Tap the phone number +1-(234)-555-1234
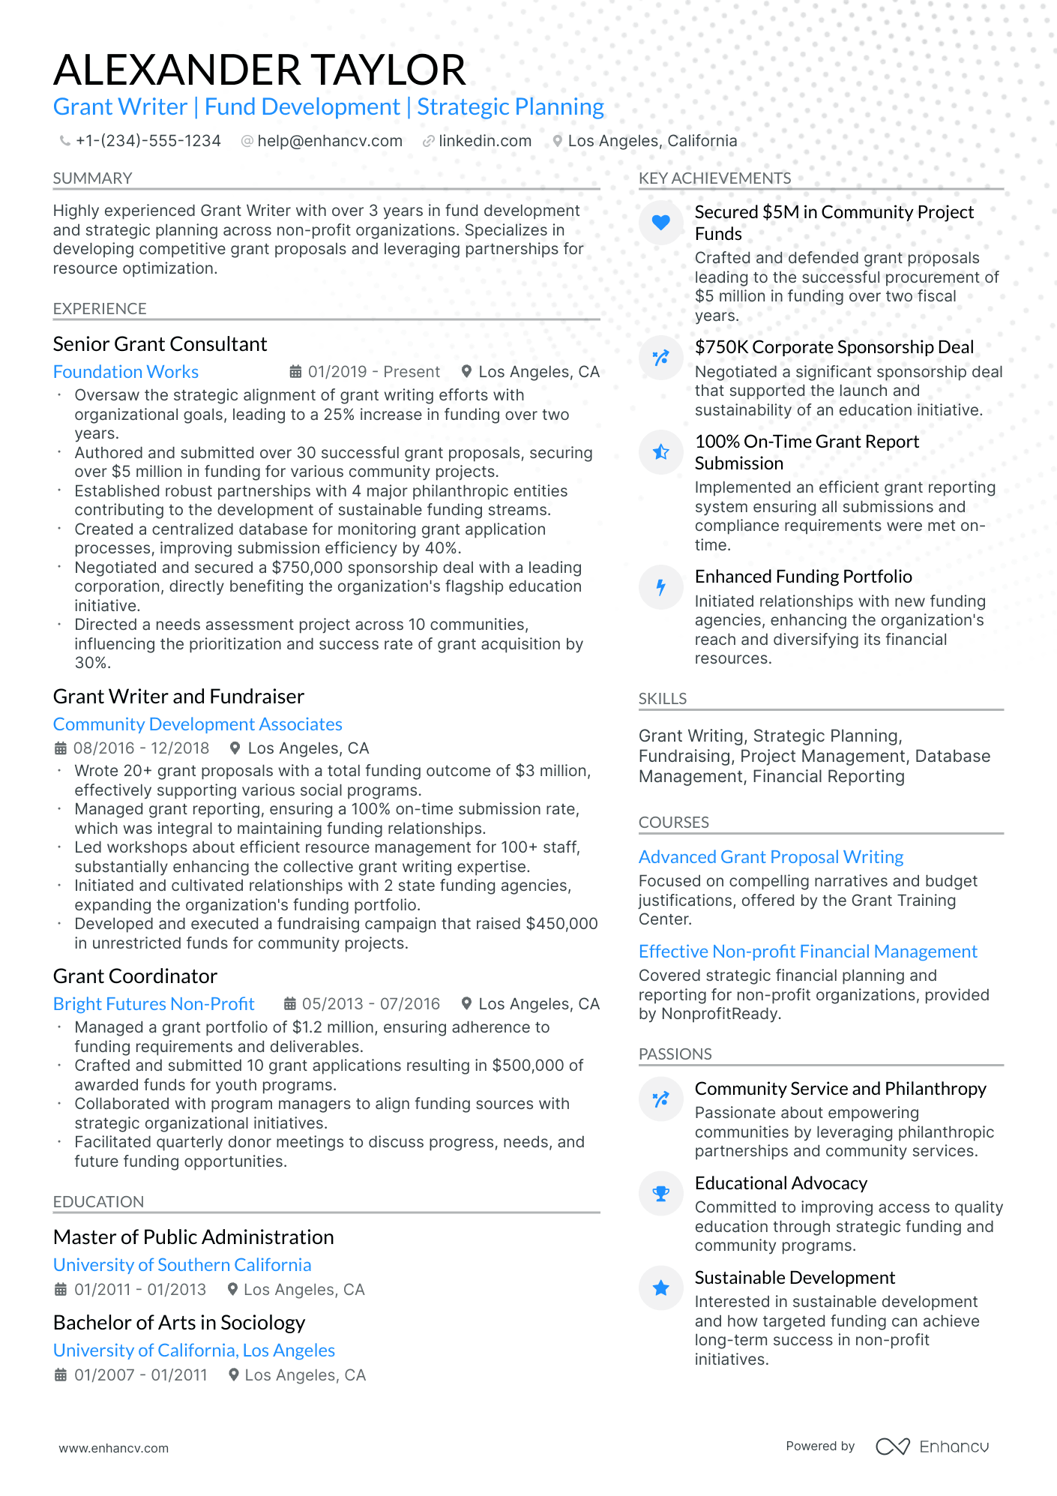148,141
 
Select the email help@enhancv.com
329,141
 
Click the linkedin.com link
484,141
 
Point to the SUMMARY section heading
92,178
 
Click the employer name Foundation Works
126,372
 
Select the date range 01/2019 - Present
373,372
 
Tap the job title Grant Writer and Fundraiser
178,697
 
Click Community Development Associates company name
198,724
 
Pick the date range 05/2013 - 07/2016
370,1004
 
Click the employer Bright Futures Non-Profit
154,1004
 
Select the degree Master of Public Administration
193,1237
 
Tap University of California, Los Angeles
194,1351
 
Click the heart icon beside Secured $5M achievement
660,222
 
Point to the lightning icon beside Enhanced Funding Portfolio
660,586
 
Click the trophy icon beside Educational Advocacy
660,1193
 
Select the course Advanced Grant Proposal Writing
771,857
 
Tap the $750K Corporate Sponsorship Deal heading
834,347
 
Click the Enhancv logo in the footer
932,1447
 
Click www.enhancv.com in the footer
114,1448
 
